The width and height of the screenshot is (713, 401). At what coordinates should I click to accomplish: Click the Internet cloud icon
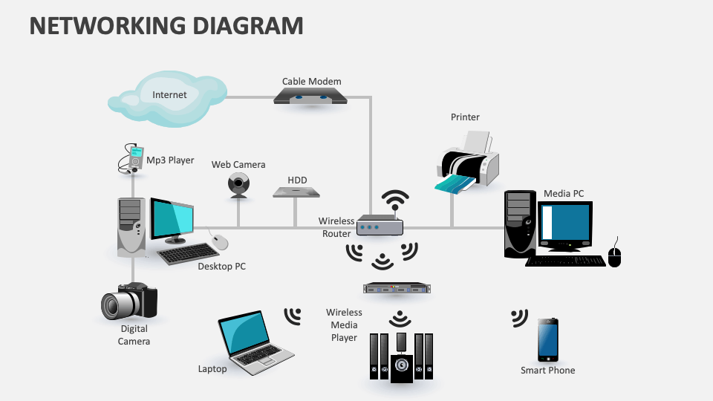tap(160, 98)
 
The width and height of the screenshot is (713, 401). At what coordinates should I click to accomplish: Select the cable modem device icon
tap(310, 97)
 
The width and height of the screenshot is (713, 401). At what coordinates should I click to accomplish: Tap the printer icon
tap(467, 163)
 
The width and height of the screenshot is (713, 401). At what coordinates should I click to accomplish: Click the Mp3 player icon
tap(132, 159)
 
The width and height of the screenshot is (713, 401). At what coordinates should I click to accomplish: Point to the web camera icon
tap(238, 185)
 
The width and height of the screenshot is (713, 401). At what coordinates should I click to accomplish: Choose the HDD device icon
tap(296, 192)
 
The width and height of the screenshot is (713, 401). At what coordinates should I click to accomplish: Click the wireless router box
tap(379, 225)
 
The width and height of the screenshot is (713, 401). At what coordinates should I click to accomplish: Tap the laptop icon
tap(252, 340)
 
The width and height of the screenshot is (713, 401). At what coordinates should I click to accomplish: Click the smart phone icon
tap(548, 340)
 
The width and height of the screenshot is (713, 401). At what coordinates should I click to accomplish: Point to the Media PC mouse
tap(614, 255)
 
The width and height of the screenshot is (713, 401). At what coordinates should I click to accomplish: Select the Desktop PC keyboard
tap(188, 254)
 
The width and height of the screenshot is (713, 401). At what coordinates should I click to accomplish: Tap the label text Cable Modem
tap(311, 82)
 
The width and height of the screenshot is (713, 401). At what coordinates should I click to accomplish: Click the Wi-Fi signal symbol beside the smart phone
tap(519, 318)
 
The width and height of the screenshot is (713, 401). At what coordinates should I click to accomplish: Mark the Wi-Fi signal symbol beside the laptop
tap(293, 316)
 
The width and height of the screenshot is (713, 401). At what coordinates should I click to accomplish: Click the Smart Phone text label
tap(547, 370)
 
